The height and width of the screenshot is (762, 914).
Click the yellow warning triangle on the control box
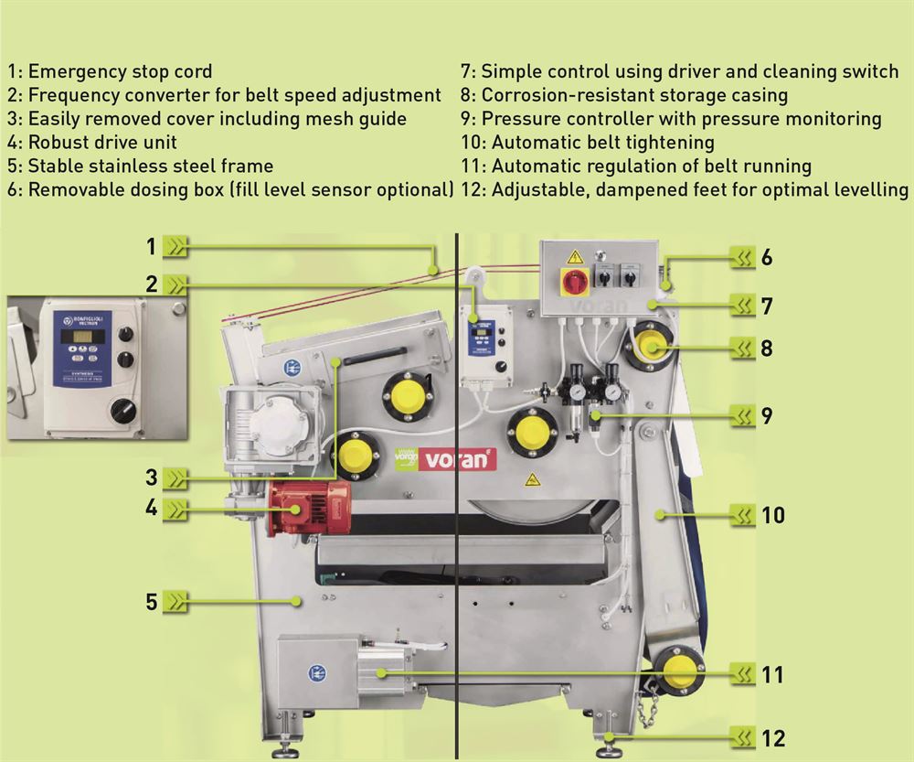pyautogui.click(x=575, y=256)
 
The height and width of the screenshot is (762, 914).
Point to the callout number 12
pyautogui.click(x=773, y=736)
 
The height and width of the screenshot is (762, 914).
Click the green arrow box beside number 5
pyautogui.click(x=176, y=602)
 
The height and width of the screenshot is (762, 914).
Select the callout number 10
pyautogui.click(x=773, y=516)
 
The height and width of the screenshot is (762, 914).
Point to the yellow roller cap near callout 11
pyautogui.click(x=679, y=672)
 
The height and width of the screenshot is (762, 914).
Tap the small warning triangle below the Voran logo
pyautogui.click(x=530, y=479)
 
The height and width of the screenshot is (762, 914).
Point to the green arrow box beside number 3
pyautogui.click(x=176, y=478)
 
